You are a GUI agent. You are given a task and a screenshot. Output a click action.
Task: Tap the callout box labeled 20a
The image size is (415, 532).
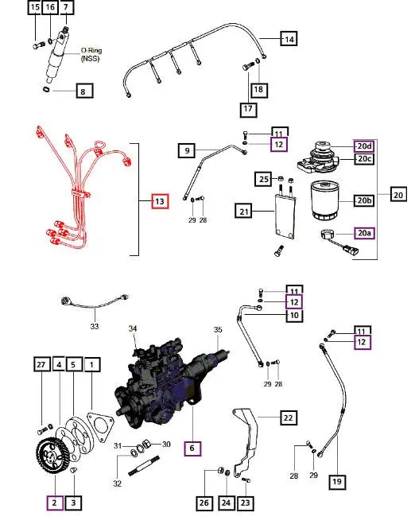click(x=364, y=233)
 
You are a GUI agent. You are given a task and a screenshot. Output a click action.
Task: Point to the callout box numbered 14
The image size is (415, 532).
click(x=289, y=39)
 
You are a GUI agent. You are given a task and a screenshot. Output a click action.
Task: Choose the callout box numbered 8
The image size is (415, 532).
click(x=82, y=91)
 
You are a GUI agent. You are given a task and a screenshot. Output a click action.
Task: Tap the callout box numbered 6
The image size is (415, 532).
click(x=191, y=449)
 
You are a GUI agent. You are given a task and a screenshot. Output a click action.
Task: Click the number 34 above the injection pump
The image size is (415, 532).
click(x=134, y=328)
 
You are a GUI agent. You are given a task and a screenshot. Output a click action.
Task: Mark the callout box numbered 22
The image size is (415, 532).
click(x=287, y=417)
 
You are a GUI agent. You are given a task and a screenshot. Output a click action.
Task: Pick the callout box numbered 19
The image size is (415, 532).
click(x=336, y=481)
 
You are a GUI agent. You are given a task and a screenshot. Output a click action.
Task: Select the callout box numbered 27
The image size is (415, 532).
click(x=41, y=365)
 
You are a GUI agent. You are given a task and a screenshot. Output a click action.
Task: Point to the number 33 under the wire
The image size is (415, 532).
click(x=94, y=326)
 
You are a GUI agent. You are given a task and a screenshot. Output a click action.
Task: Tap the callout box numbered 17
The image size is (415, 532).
click(x=250, y=107)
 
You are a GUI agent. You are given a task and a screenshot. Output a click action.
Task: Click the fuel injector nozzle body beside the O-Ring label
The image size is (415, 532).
click(x=60, y=59)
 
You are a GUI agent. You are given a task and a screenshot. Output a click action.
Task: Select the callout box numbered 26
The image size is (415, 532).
click(x=204, y=502)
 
